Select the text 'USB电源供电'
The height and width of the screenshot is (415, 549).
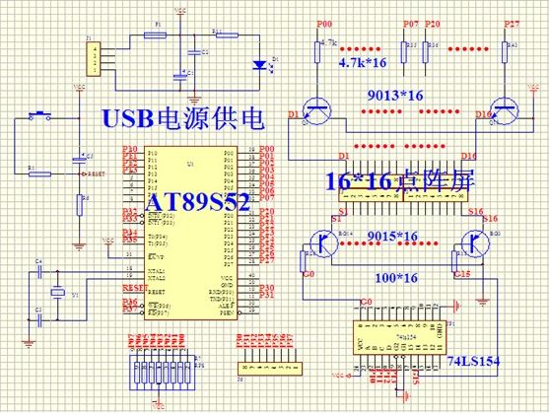[x=182, y=119]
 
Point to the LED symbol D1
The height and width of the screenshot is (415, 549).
[x=260, y=63]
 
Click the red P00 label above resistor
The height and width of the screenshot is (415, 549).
[x=323, y=22]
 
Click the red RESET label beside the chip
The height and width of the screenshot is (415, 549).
[x=134, y=287]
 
